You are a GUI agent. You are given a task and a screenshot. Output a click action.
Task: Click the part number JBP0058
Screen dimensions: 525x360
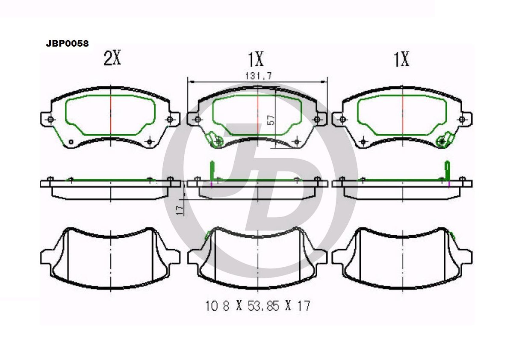click(67, 44)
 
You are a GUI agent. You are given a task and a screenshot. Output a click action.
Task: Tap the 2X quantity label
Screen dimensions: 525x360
click(112, 58)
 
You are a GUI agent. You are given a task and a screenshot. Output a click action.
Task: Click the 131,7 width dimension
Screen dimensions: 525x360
click(259, 76)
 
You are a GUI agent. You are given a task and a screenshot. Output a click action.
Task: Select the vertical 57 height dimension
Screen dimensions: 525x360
click(271, 120)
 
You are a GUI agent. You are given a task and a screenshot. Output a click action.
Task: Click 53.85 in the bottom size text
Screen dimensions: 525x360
click(263, 306)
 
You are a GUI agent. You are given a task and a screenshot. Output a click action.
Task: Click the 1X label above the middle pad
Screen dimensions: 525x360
click(256, 59)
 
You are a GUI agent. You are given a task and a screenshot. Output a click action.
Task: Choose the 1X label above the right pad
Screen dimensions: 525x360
click(401, 59)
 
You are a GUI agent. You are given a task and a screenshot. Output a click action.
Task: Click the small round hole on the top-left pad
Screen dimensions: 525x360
click(71, 142)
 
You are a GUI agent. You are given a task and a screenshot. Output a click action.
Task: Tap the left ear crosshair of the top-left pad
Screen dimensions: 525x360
click(50, 120)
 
